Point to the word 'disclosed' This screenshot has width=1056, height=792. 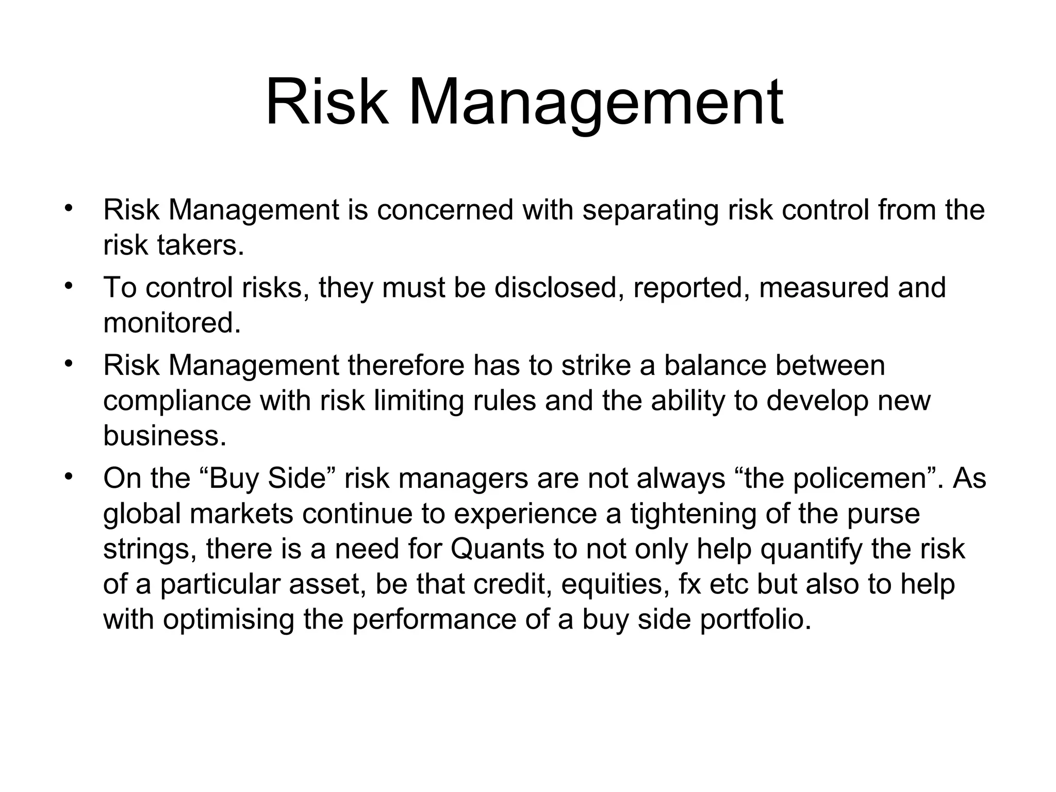[555, 287]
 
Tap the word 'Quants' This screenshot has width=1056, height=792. [497, 549]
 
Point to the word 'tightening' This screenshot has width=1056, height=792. [694, 514]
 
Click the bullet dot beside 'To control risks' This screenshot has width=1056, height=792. [67, 285]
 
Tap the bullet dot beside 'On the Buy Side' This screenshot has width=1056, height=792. [67, 476]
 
